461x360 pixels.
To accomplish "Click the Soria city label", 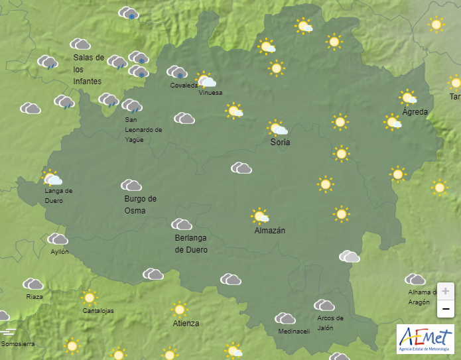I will (280, 143).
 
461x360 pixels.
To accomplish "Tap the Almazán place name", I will (269, 231).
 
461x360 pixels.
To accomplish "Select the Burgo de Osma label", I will (140, 205).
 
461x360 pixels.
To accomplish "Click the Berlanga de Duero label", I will (191, 244).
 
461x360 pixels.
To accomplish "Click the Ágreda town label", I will (415, 112).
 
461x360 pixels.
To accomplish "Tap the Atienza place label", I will (186, 324).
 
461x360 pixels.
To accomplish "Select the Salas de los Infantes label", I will (89, 69).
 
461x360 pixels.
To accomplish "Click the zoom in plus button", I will (445, 291).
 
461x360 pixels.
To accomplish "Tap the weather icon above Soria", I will (277, 128).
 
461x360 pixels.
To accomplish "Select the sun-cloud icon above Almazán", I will (260, 216).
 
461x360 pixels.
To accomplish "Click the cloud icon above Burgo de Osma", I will (131, 185).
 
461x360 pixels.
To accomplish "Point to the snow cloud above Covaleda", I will (176, 72).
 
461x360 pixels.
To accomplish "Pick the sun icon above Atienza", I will (178, 309).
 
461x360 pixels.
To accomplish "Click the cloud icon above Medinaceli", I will (285, 319).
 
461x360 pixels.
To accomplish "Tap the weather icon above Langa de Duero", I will (52, 178).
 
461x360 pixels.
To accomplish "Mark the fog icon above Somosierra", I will (9, 331).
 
